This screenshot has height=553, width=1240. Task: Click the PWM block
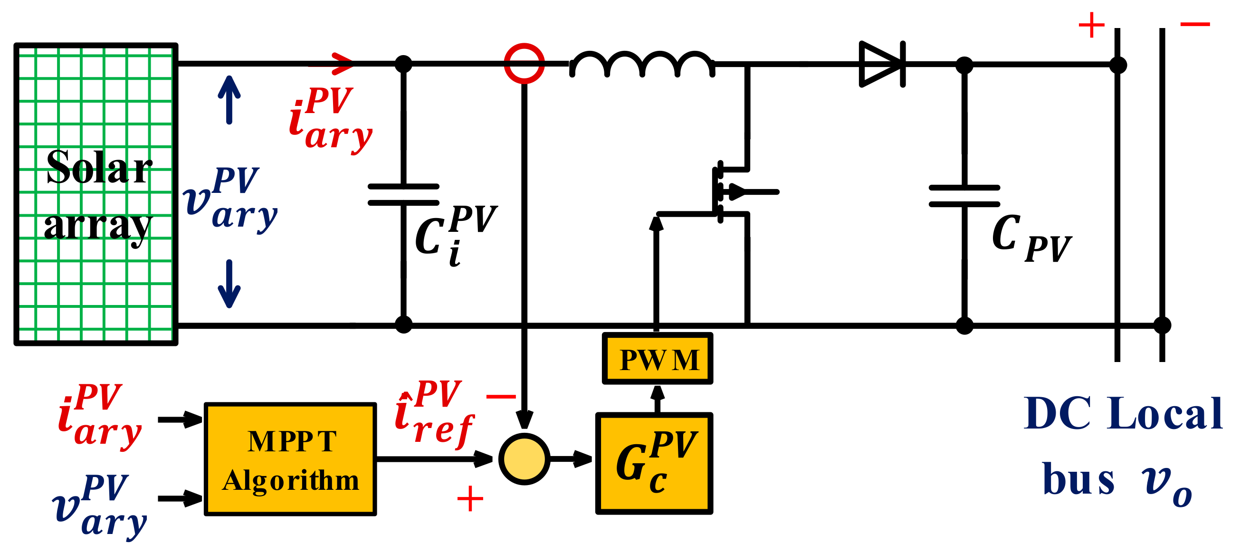657,359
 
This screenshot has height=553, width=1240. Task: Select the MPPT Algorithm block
290,459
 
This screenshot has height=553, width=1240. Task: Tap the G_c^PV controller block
654,463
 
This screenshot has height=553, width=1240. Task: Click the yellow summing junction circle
524,458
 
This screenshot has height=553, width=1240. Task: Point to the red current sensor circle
524,64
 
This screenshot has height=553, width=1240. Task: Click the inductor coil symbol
642,65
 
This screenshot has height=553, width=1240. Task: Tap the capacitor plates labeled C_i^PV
403,194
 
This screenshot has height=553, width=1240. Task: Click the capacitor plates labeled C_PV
964,195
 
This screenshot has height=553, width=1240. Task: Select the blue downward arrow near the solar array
229,284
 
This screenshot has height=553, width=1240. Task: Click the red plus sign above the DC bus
1091,25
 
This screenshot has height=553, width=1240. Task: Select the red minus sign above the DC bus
1195,24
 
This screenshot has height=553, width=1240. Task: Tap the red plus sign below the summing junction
470,499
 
